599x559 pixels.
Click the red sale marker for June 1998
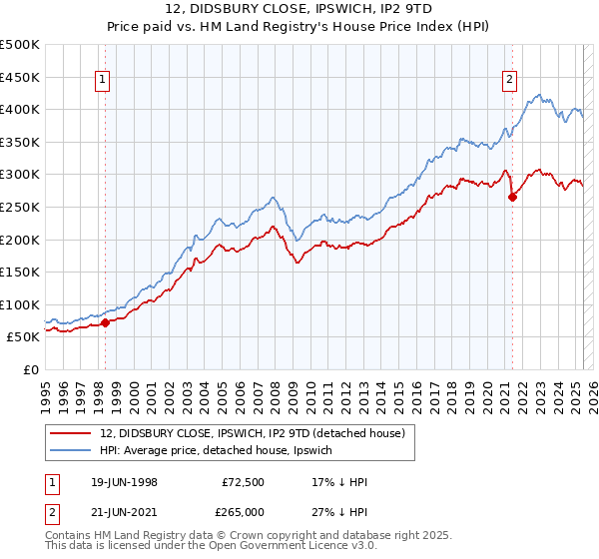(x=106, y=322)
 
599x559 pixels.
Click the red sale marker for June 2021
(x=512, y=197)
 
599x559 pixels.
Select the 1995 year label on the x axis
(x=46, y=393)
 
